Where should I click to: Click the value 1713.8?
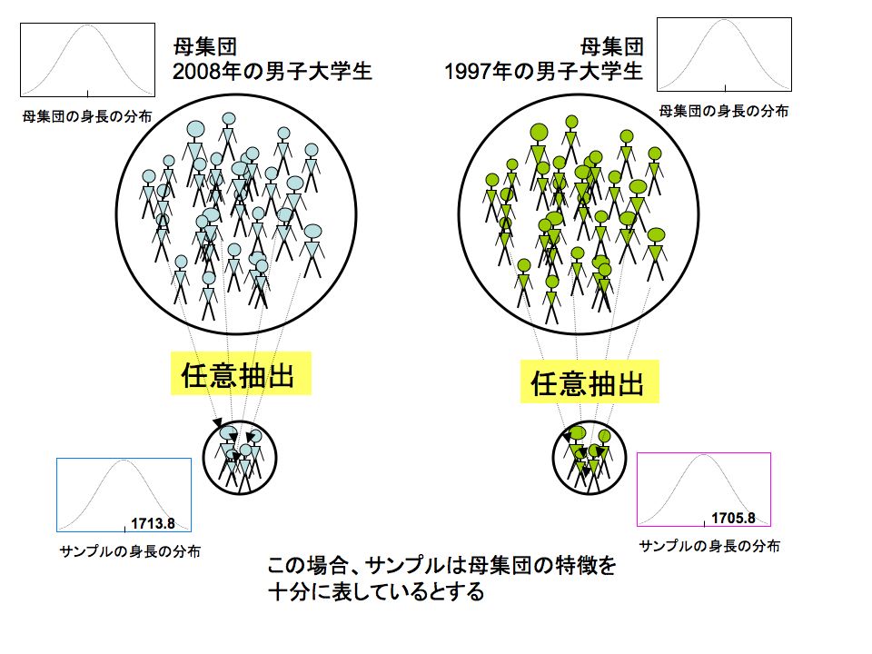pyautogui.click(x=153, y=523)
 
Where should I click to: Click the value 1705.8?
pyautogui.click(x=733, y=519)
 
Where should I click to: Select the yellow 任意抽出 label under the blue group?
pyautogui.click(x=241, y=374)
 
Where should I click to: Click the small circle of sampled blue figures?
pyautogui.click(x=238, y=458)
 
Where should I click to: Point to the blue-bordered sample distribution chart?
pyautogui.click(x=124, y=494)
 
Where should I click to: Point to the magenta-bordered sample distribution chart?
pyautogui.click(x=704, y=489)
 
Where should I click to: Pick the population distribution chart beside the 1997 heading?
pyautogui.click(x=724, y=54)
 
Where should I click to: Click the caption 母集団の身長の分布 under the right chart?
pyautogui.click(x=724, y=111)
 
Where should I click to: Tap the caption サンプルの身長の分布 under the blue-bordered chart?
pyautogui.click(x=130, y=551)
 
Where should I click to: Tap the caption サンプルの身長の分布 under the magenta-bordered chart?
pyautogui.click(x=710, y=546)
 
